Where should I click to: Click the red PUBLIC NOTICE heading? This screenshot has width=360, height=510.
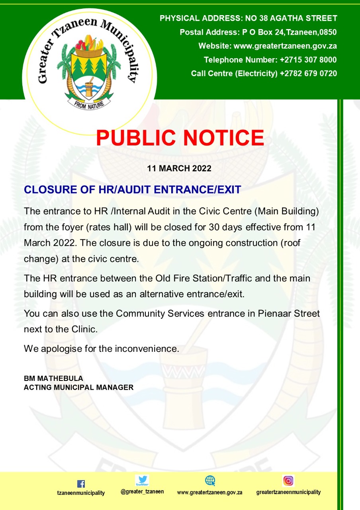[x=180, y=138]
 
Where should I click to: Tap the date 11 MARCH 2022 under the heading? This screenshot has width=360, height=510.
[x=179, y=168]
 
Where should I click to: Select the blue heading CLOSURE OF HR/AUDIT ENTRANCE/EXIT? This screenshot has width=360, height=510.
[x=133, y=189]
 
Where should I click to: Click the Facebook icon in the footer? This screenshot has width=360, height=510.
[x=81, y=484]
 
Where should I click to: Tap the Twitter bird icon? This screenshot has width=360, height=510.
[x=142, y=480]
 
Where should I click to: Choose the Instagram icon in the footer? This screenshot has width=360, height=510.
[x=288, y=481]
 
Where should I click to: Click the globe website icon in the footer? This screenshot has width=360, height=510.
[x=210, y=481]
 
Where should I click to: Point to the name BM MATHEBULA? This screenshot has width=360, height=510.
[x=53, y=379]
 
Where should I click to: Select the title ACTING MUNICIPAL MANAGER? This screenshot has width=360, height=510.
[x=78, y=387]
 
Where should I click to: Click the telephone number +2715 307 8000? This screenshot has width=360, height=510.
[x=308, y=60]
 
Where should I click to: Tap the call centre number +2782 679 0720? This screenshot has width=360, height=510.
[x=308, y=73]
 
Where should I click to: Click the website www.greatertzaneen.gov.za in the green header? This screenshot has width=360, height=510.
[x=285, y=46]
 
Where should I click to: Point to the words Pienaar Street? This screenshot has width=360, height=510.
[x=289, y=314]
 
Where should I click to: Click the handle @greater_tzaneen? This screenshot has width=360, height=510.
[x=142, y=491]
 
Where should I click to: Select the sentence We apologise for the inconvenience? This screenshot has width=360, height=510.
[x=102, y=349]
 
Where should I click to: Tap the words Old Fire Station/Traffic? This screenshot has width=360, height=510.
[x=203, y=278]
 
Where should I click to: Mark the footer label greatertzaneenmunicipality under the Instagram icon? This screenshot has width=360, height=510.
[x=288, y=492]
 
